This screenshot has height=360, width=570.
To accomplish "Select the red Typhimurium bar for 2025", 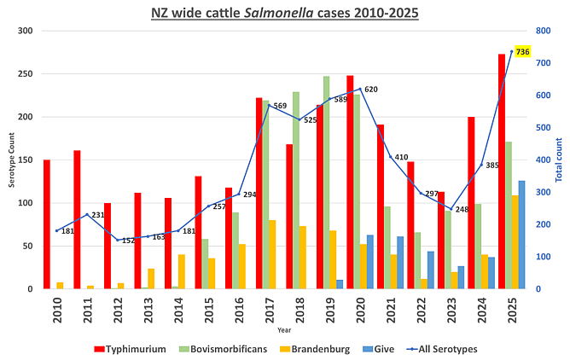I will click(502, 171).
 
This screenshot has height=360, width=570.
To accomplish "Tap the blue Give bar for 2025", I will click(522, 235).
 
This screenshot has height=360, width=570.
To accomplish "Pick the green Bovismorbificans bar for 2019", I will click(326, 183).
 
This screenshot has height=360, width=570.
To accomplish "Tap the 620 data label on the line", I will click(370, 89).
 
